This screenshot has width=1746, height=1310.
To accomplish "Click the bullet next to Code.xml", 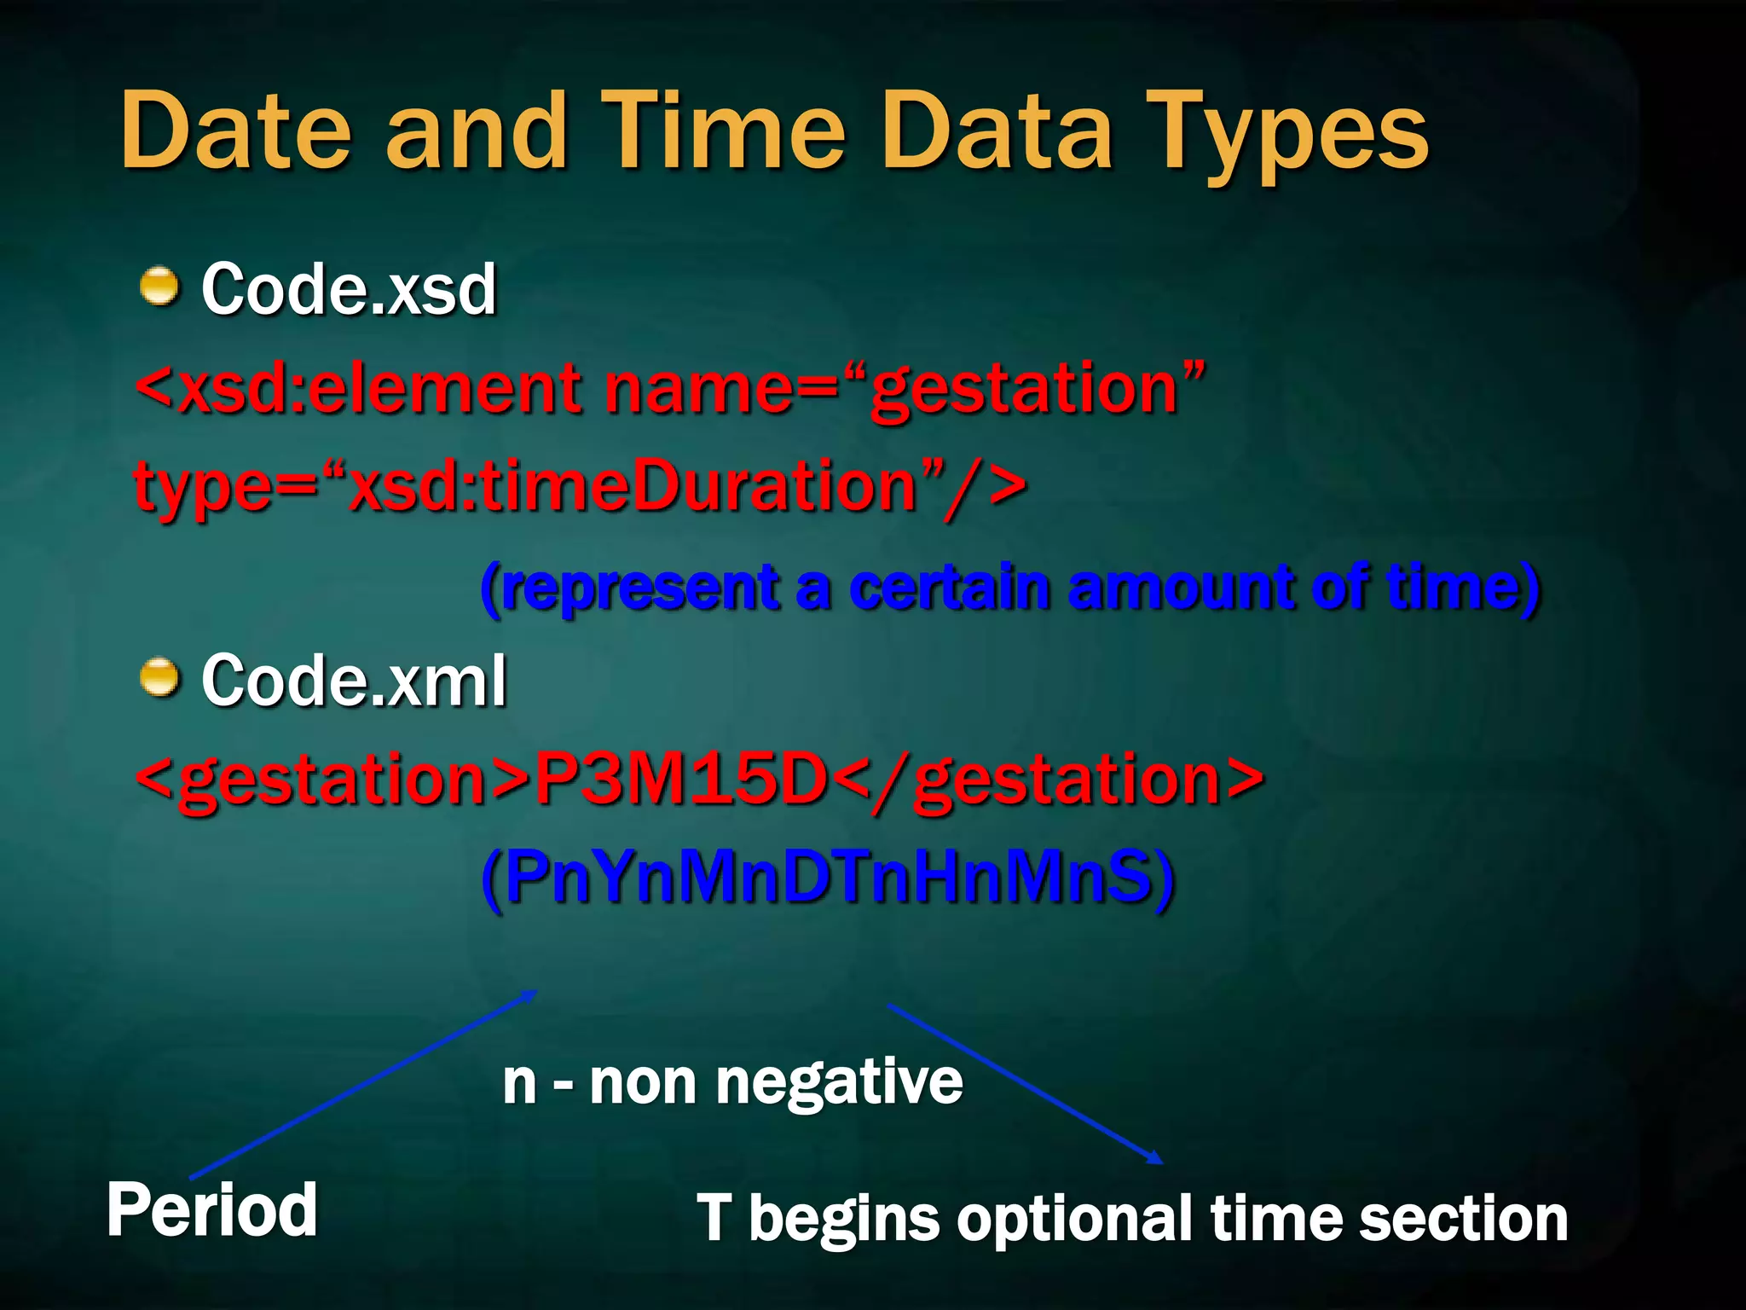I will pos(159,677).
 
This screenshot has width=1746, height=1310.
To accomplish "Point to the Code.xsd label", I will pos(348,290).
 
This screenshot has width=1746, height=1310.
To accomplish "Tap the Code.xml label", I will pos(354,681).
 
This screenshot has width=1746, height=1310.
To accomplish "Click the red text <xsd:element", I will pos(358,388).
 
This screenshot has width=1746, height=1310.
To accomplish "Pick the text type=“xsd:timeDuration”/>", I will pos(580,486).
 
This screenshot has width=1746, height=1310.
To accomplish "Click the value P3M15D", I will pos(682,779).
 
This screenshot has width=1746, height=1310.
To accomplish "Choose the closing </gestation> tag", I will pos(1049,779).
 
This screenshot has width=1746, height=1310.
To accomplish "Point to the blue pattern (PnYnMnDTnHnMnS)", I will pos(827,878).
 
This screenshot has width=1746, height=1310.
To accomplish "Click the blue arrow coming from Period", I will pos(362,1083).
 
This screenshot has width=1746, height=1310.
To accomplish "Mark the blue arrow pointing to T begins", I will pos(1023,1083).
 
